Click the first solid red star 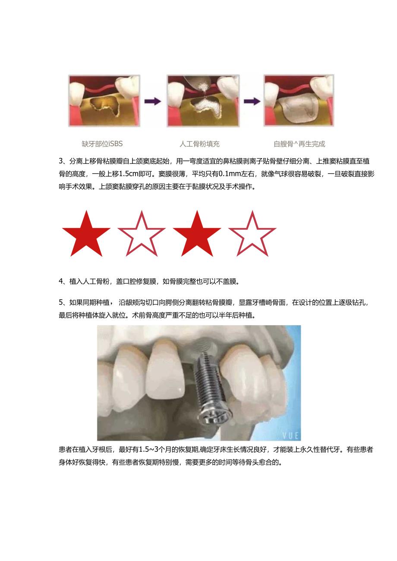click(86, 235)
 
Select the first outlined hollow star click(142, 235)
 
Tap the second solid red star click(197, 235)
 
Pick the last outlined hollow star click(252, 235)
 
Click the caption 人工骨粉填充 click(199, 144)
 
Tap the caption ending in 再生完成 click(299, 144)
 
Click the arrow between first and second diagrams click(153, 101)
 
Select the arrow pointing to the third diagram click(252, 101)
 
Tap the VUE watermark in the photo click(291, 435)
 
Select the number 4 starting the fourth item click(61, 282)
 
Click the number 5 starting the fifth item click(61, 303)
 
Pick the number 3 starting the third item click(61, 162)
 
